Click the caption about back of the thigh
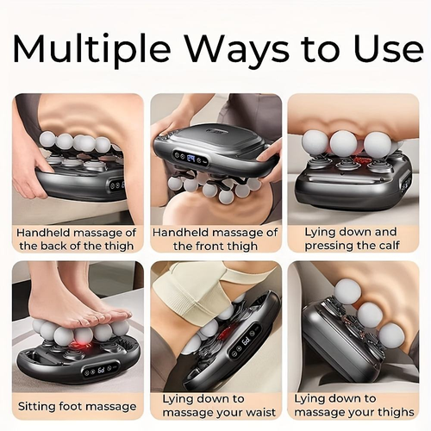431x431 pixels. [77, 239]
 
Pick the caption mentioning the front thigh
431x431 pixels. [215, 239]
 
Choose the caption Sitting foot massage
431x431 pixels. [77, 405]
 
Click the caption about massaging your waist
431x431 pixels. [215, 405]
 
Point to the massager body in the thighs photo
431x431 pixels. [340, 345]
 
